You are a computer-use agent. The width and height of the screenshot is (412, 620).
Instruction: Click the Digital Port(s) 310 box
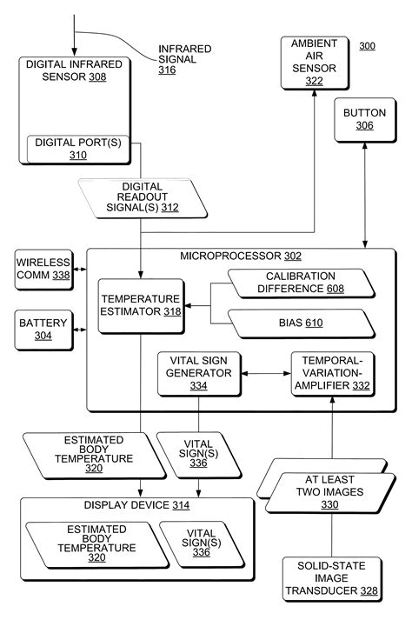[79, 149]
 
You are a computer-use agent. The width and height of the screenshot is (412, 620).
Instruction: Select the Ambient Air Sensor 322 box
[314, 62]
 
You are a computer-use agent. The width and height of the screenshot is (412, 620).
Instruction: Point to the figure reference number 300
[367, 45]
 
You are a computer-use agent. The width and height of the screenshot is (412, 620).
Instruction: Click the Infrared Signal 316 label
[183, 59]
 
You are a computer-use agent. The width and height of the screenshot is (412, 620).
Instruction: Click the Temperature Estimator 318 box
[140, 305]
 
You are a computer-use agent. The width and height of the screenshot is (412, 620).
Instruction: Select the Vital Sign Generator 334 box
[199, 373]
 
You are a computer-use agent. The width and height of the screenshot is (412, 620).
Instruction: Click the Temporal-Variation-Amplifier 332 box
[332, 373]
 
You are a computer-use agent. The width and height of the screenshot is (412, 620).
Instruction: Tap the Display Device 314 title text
[136, 504]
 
